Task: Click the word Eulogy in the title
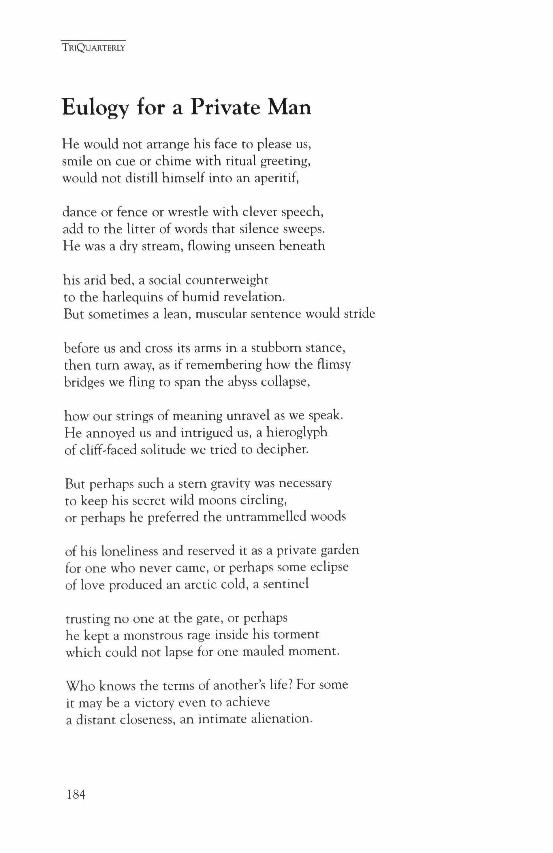95,107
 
